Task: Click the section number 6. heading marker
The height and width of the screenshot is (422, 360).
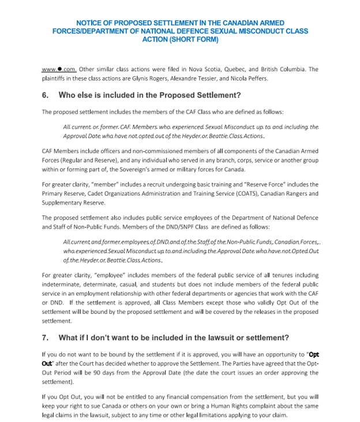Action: (x=46, y=95)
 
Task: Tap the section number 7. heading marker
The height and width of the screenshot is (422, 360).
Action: (x=46, y=337)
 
